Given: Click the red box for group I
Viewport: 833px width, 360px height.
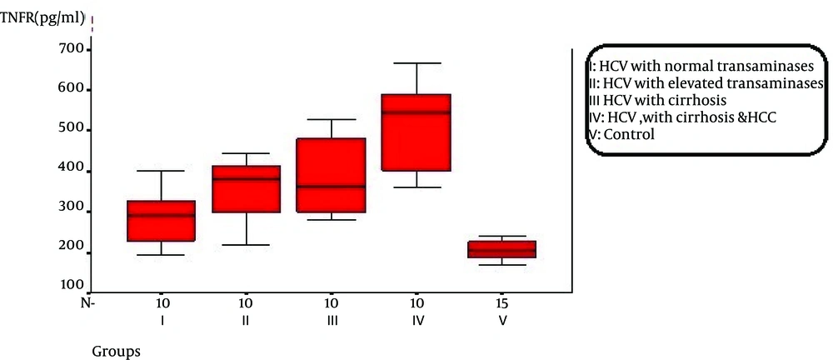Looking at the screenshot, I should [162, 221].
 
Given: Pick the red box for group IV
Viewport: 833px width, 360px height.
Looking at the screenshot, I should [416, 132].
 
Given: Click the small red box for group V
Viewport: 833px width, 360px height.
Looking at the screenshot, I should [501, 249].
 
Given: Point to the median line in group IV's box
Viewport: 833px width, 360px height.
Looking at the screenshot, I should [416, 112].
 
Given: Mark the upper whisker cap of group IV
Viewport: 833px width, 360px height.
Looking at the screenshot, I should [416, 63].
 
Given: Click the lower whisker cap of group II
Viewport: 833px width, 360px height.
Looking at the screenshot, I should [247, 245].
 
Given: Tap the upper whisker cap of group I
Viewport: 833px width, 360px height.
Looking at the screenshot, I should [162, 171].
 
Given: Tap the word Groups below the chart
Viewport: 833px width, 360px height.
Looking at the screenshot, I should [116, 351].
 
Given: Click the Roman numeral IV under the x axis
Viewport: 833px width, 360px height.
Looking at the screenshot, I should [416, 320].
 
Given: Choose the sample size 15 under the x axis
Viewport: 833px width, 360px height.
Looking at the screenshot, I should [501, 302].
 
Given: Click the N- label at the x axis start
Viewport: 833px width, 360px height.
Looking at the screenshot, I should [87, 302].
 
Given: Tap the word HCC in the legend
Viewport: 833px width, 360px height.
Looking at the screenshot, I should [762, 117].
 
